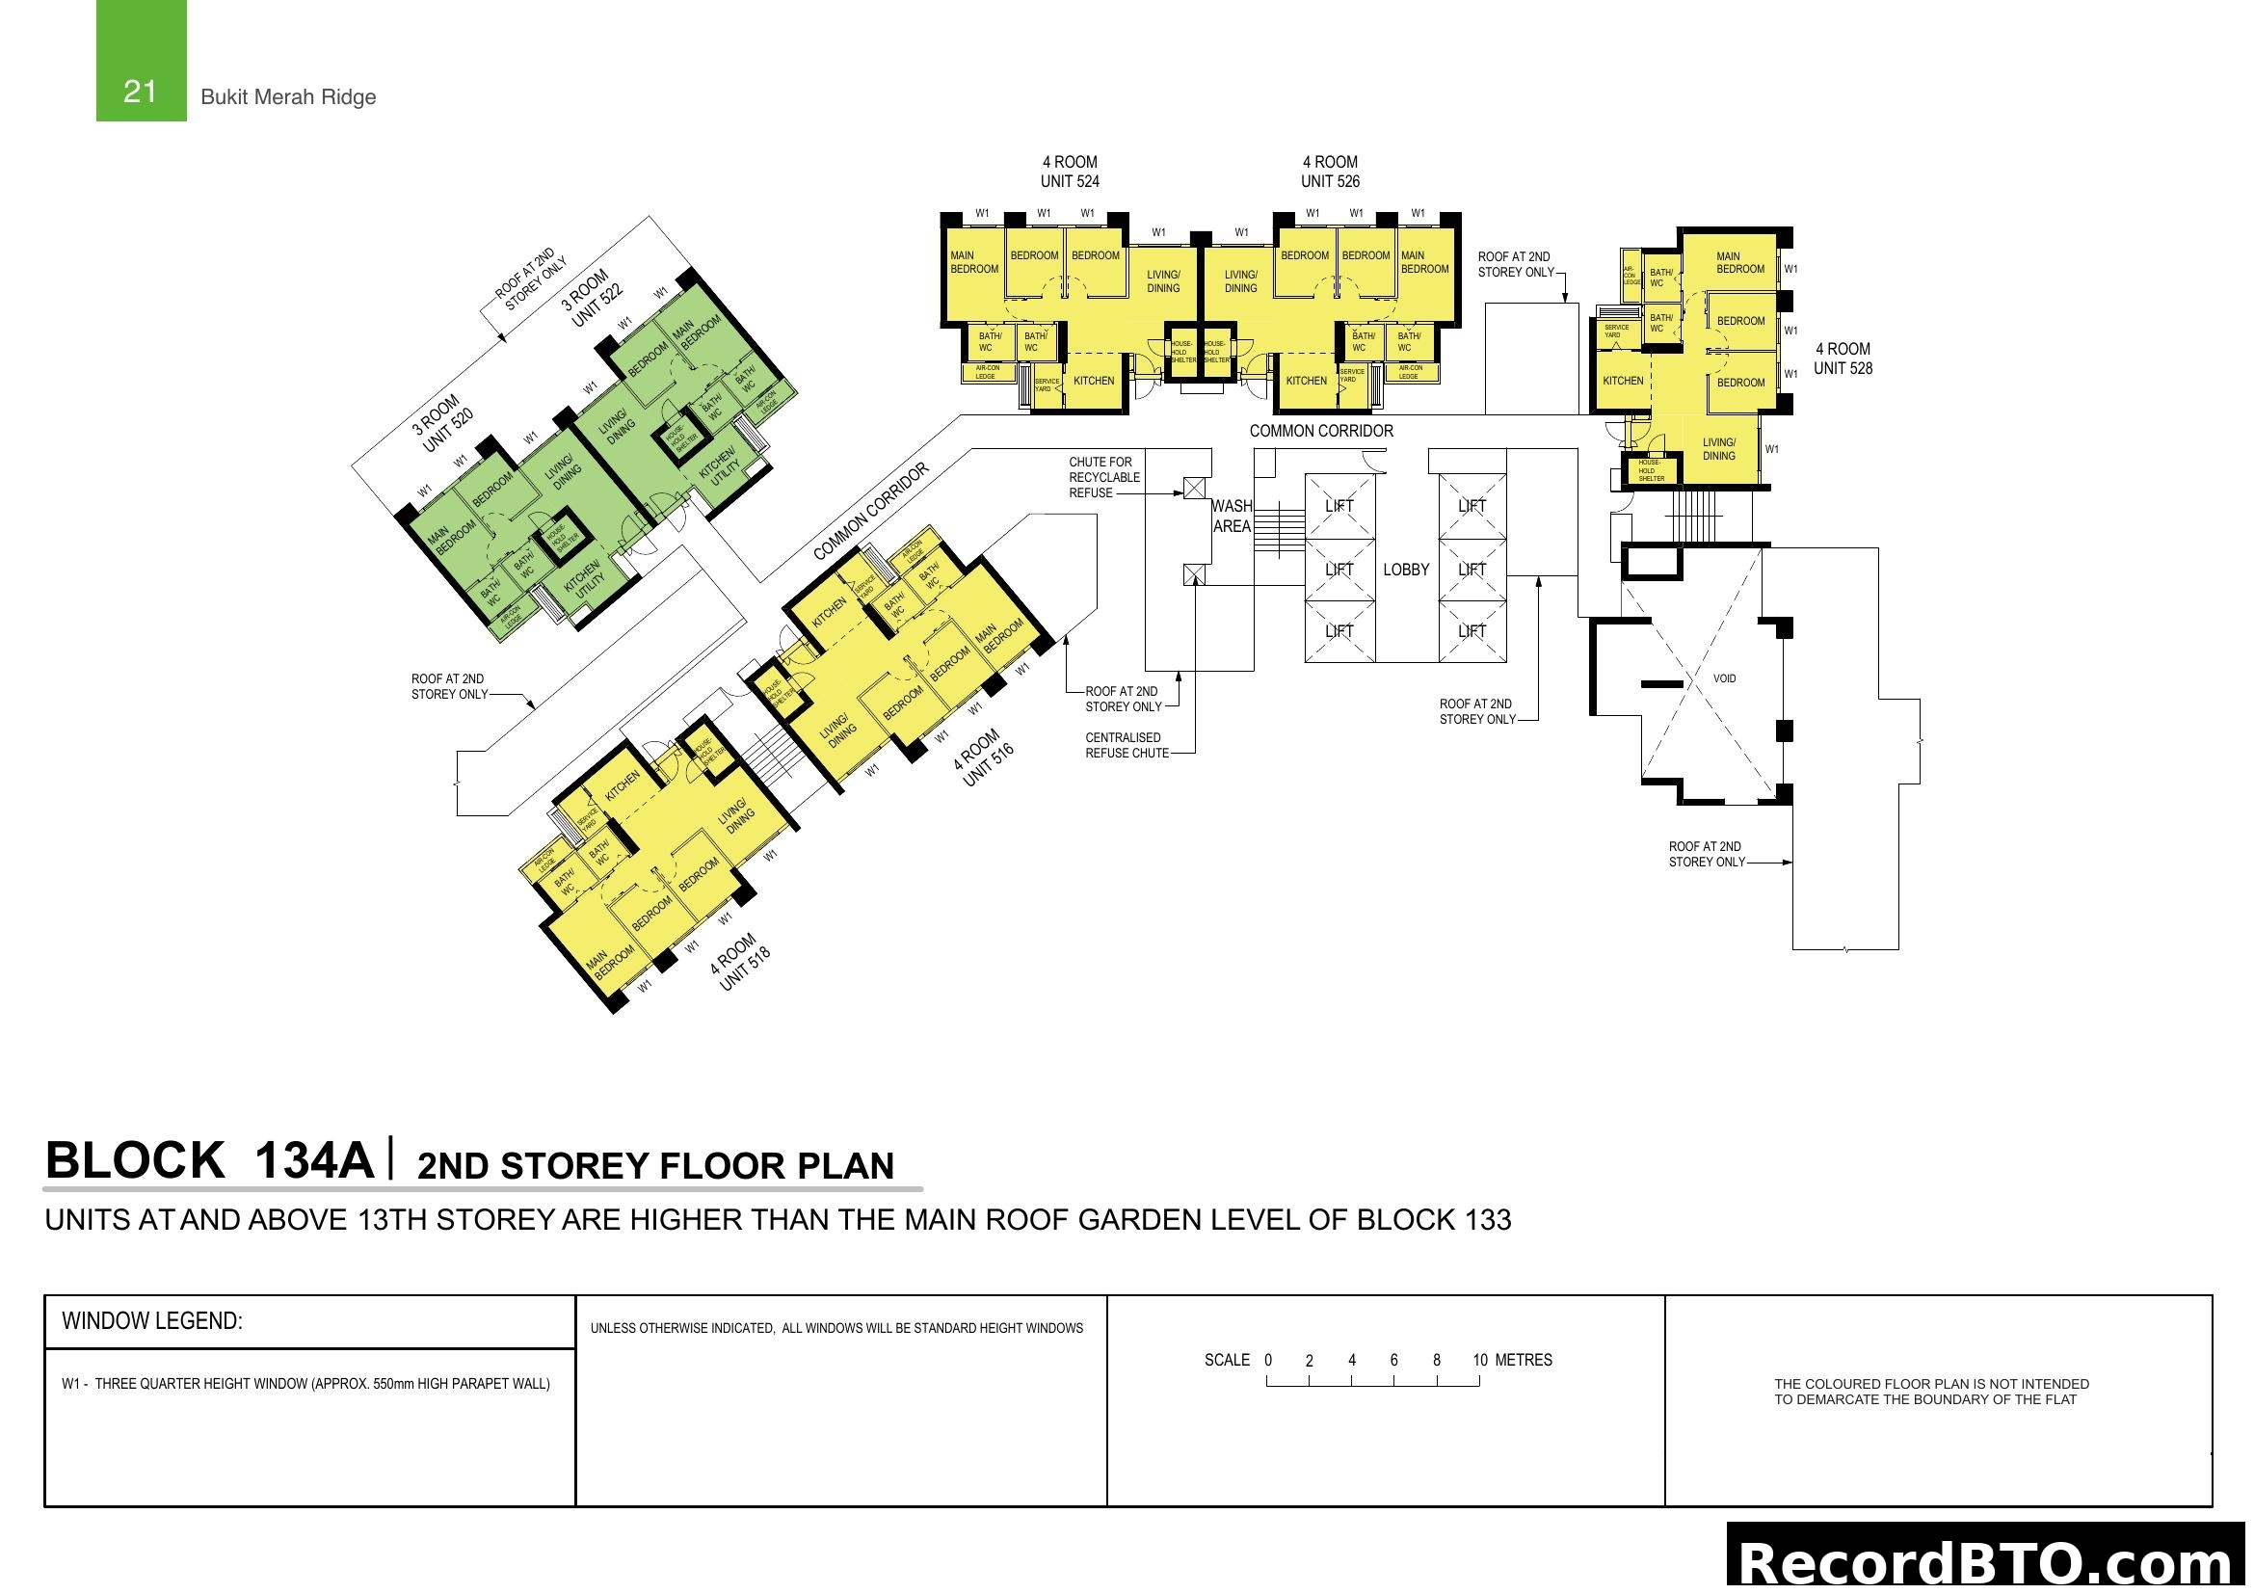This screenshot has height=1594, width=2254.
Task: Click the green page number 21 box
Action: click(141, 61)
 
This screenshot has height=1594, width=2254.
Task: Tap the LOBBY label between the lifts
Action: click(1406, 570)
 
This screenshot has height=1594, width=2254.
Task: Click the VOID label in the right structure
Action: click(1724, 678)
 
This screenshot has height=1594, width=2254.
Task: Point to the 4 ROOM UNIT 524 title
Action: click(1069, 172)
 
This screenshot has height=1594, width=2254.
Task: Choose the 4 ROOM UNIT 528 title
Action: click(1843, 359)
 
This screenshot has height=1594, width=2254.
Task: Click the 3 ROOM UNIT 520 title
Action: click(440, 422)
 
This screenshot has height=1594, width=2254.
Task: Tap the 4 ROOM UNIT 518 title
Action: click(740, 962)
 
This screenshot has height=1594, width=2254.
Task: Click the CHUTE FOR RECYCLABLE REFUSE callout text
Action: click(1103, 477)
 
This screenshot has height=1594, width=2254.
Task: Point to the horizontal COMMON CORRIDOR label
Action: click(1320, 431)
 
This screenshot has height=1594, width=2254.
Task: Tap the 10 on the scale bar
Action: click(1479, 1361)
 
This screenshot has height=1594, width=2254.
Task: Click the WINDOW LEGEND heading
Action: click(152, 1321)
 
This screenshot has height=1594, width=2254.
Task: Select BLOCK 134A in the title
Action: click(209, 1160)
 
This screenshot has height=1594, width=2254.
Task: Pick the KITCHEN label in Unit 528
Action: click(1623, 381)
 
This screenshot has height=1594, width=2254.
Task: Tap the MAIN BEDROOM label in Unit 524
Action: click(973, 262)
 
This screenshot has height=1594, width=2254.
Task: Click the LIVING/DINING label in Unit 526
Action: click(1240, 281)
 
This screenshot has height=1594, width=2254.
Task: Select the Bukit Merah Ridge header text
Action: click(287, 97)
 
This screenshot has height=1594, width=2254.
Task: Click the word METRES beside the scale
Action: click(1524, 1361)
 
